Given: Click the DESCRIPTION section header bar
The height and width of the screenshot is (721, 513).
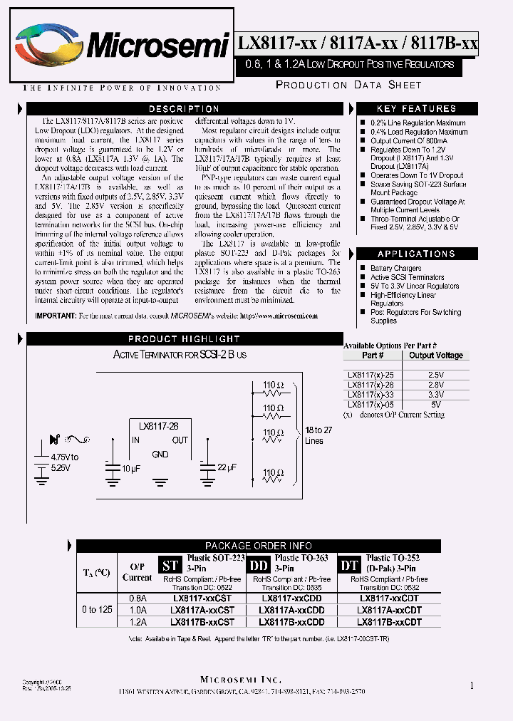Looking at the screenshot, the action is (x=184, y=109).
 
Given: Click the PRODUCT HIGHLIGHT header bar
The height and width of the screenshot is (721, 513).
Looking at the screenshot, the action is (x=184, y=339).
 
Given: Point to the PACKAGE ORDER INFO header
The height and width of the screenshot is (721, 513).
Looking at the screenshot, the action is (x=258, y=546).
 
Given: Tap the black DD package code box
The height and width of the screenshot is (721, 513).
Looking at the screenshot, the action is (x=257, y=566).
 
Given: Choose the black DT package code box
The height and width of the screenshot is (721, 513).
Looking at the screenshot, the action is (x=349, y=566).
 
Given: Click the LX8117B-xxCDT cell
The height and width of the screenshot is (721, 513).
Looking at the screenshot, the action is (x=389, y=622).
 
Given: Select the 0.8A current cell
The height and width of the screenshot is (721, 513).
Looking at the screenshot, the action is (x=138, y=600).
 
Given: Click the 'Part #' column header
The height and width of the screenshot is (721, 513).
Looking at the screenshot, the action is (x=373, y=356).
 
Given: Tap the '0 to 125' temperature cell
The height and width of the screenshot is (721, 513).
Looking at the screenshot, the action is (x=98, y=610).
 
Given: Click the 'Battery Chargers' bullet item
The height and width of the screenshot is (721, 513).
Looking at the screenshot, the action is (x=396, y=269).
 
